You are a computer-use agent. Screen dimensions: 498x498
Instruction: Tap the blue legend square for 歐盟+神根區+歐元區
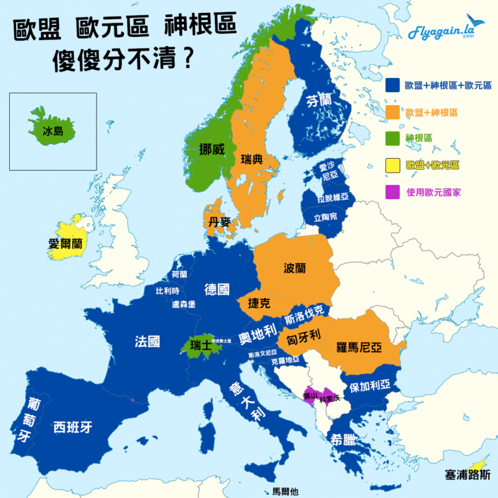point(392,86)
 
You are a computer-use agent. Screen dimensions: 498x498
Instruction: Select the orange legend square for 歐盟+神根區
point(392,112)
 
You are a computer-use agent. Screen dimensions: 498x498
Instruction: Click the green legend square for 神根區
point(392,138)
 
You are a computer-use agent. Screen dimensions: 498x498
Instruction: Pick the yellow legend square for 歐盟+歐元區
point(392,165)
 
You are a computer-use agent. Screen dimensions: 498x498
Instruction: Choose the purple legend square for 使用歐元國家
point(392,192)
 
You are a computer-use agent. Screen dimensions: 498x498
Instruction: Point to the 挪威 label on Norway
point(212,148)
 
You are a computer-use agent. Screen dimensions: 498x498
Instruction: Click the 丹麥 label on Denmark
point(219,222)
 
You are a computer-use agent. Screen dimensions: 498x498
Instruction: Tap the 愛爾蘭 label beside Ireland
point(65,244)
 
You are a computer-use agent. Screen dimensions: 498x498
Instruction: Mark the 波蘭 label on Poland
point(295,268)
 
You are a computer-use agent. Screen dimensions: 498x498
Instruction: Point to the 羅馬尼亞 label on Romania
point(358,348)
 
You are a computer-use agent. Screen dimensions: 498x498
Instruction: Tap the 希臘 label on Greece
point(343,438)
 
